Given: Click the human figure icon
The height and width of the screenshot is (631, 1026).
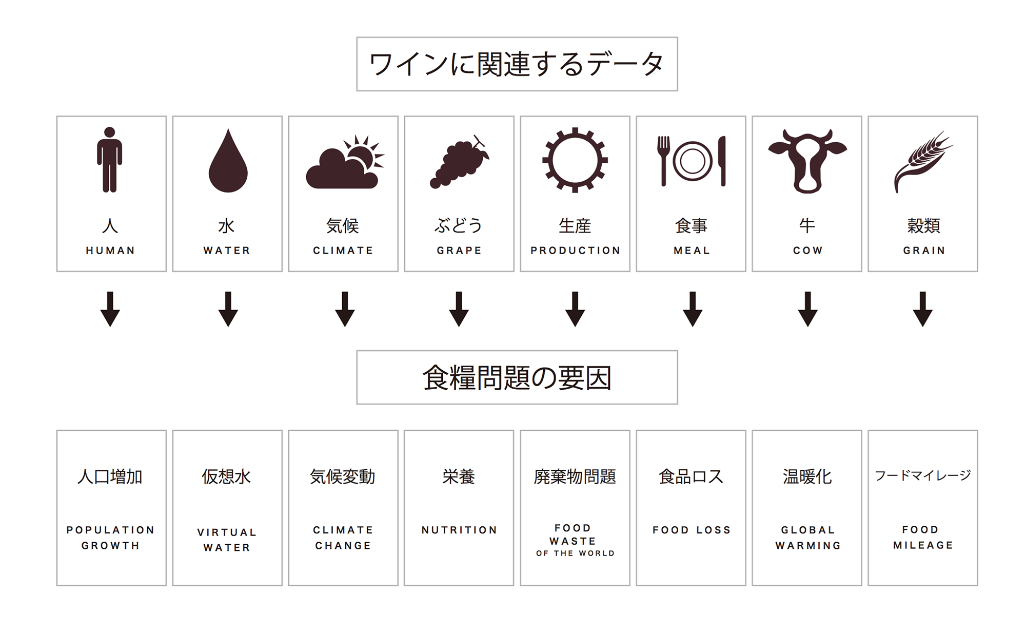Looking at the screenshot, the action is coord(109,160).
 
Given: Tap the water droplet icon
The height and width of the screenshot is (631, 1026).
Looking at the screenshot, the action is coord(228,160).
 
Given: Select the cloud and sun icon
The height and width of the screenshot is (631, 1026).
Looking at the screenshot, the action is coord(345,161).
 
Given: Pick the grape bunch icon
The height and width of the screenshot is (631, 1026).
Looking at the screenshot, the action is coord(459,161).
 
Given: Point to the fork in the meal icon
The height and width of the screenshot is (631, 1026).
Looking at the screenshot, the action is coord(663,161).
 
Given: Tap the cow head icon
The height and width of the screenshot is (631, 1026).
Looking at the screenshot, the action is coord(807,161).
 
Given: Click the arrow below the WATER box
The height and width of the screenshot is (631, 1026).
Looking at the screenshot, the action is coord(228,309).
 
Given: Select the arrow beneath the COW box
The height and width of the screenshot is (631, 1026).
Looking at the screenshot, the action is coord(807,309).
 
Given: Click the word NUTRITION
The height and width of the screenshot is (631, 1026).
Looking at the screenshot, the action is coord(459,530).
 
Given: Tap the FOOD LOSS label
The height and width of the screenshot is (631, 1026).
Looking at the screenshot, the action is coord(691,530).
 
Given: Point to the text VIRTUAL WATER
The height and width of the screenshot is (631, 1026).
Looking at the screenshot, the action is coord(227,540).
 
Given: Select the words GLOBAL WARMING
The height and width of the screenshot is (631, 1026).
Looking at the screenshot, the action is coord(808,538).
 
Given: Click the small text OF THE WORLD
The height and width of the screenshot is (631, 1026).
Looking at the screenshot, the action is coord(575,553).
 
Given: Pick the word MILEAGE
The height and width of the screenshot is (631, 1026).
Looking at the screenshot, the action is coord(923,545).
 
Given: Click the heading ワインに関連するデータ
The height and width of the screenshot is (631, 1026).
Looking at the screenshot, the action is coord(517,64).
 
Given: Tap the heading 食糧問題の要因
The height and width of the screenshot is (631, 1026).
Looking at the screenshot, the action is coord(517,378).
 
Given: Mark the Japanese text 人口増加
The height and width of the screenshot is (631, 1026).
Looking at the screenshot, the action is coord(110,476).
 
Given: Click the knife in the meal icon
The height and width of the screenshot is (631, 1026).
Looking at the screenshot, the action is coord(722,161).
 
